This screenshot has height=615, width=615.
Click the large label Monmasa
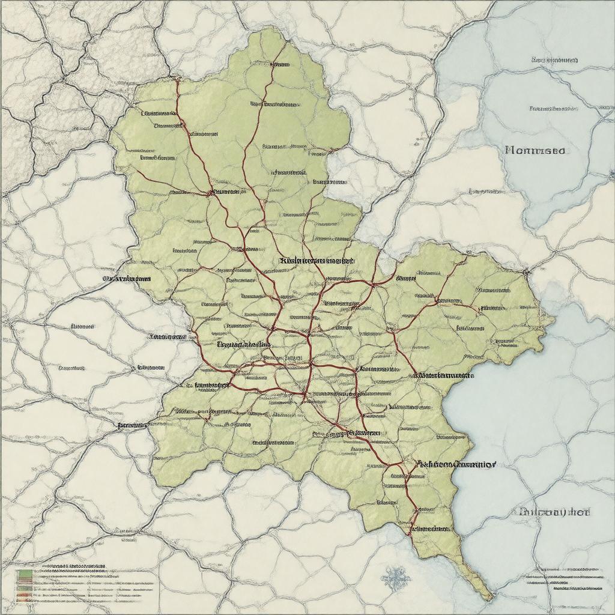[535, 150]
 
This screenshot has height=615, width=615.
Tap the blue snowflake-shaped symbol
[395, 578]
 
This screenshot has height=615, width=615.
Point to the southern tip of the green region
[489, 598]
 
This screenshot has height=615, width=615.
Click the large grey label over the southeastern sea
[553, 512]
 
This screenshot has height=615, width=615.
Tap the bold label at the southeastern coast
[456, 464]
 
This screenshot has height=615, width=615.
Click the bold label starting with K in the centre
[317, 261]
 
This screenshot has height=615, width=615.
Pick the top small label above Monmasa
[554, 60]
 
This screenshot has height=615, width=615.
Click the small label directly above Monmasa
[553, 109]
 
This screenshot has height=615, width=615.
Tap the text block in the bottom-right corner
[565, 580]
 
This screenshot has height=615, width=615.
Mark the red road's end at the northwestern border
[176, 77]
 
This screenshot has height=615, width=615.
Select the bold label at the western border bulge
[126, 279]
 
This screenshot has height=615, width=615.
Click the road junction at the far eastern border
[527, 271]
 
